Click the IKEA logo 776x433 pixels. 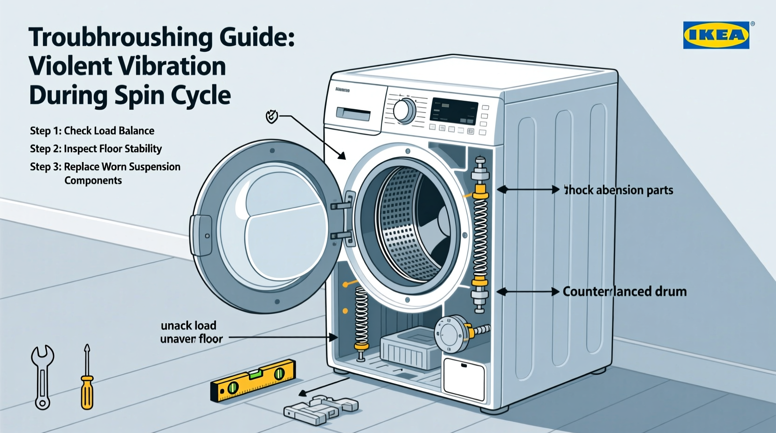click(716, 35)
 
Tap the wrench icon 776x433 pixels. click(42, 376)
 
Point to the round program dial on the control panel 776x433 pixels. click(404, 111)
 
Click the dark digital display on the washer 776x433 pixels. click(453, 111)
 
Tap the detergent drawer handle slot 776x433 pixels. click(353, 114)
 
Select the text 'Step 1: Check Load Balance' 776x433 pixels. click(92, 131)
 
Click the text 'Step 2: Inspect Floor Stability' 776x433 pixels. click(96, 149)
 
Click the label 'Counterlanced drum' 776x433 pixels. click(624, 292)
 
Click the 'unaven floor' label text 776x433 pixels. click(191, 339)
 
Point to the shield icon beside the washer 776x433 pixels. click(271, 116)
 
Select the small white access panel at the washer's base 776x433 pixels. click(464, 379)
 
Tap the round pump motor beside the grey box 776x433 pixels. click(451, 334)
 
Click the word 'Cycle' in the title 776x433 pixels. click(205, 96)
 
